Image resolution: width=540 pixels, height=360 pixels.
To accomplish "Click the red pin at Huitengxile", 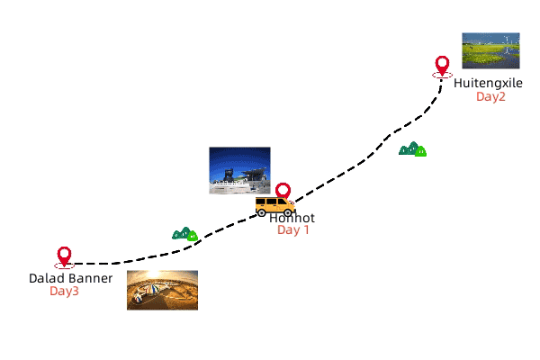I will [442, 66].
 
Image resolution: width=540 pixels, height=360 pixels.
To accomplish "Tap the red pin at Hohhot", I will [283, 191].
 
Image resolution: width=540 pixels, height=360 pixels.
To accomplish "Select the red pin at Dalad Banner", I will [64, 256].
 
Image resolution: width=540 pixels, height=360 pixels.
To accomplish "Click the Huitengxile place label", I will [488, 84].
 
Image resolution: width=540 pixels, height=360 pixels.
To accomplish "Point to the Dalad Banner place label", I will [70, 278].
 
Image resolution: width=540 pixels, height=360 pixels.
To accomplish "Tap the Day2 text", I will [491, 96].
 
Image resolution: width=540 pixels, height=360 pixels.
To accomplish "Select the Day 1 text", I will [292, 230].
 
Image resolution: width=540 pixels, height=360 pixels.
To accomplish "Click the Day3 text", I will [64, 291].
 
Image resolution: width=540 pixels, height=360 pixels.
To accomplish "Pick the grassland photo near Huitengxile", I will [490, 51].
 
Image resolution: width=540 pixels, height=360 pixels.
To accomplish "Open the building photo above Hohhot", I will [239, 170].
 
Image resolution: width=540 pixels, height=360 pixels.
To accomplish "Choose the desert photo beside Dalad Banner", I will [162, 290].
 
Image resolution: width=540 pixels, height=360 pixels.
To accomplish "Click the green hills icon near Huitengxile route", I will [412, 148].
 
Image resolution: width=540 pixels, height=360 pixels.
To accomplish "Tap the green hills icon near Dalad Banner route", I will [184, 234].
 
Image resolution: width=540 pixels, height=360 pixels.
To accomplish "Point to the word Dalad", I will [45, 278].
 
